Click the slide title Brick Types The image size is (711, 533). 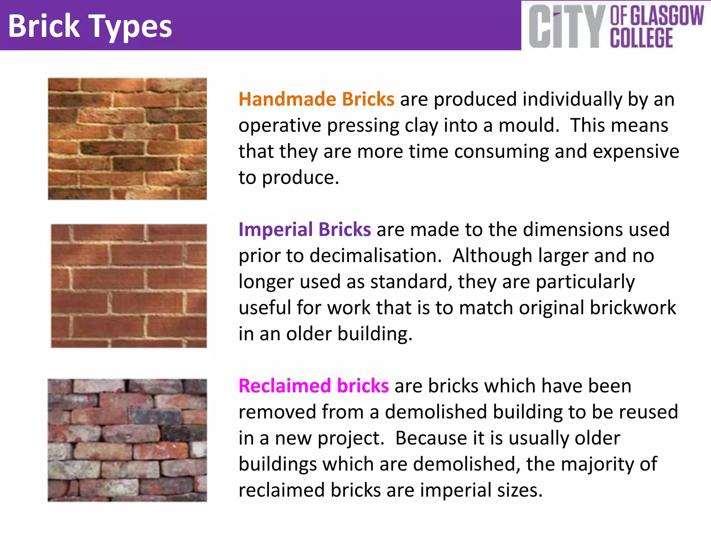click(90, 26)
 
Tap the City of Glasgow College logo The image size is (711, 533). click(616, 26)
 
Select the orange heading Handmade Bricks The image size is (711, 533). click(316, 99)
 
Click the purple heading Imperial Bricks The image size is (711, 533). click(304, 229)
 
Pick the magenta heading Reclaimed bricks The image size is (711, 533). click(313, 386)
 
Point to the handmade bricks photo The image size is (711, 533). click(127, 139)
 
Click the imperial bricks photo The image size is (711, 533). click(129, 286)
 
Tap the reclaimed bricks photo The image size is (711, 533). click(127, 440)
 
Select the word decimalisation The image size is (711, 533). click(375, 256)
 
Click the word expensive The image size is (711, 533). click(636, 151)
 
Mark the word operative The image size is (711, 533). click(280, 125)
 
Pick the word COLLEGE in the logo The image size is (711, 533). click(642, 38)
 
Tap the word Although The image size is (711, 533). click(492, 256)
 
